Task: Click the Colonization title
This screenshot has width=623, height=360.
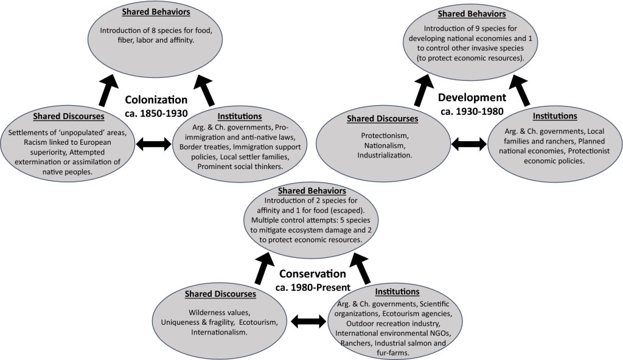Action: (x=156, y=100)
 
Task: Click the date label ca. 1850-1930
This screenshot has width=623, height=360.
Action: (x=156, y=112)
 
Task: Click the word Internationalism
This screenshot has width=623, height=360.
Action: (x=219, y=333)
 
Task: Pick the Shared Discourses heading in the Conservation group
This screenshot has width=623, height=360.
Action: (x=220, y=294)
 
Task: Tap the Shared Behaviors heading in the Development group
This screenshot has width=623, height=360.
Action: (x=472, y=14)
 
